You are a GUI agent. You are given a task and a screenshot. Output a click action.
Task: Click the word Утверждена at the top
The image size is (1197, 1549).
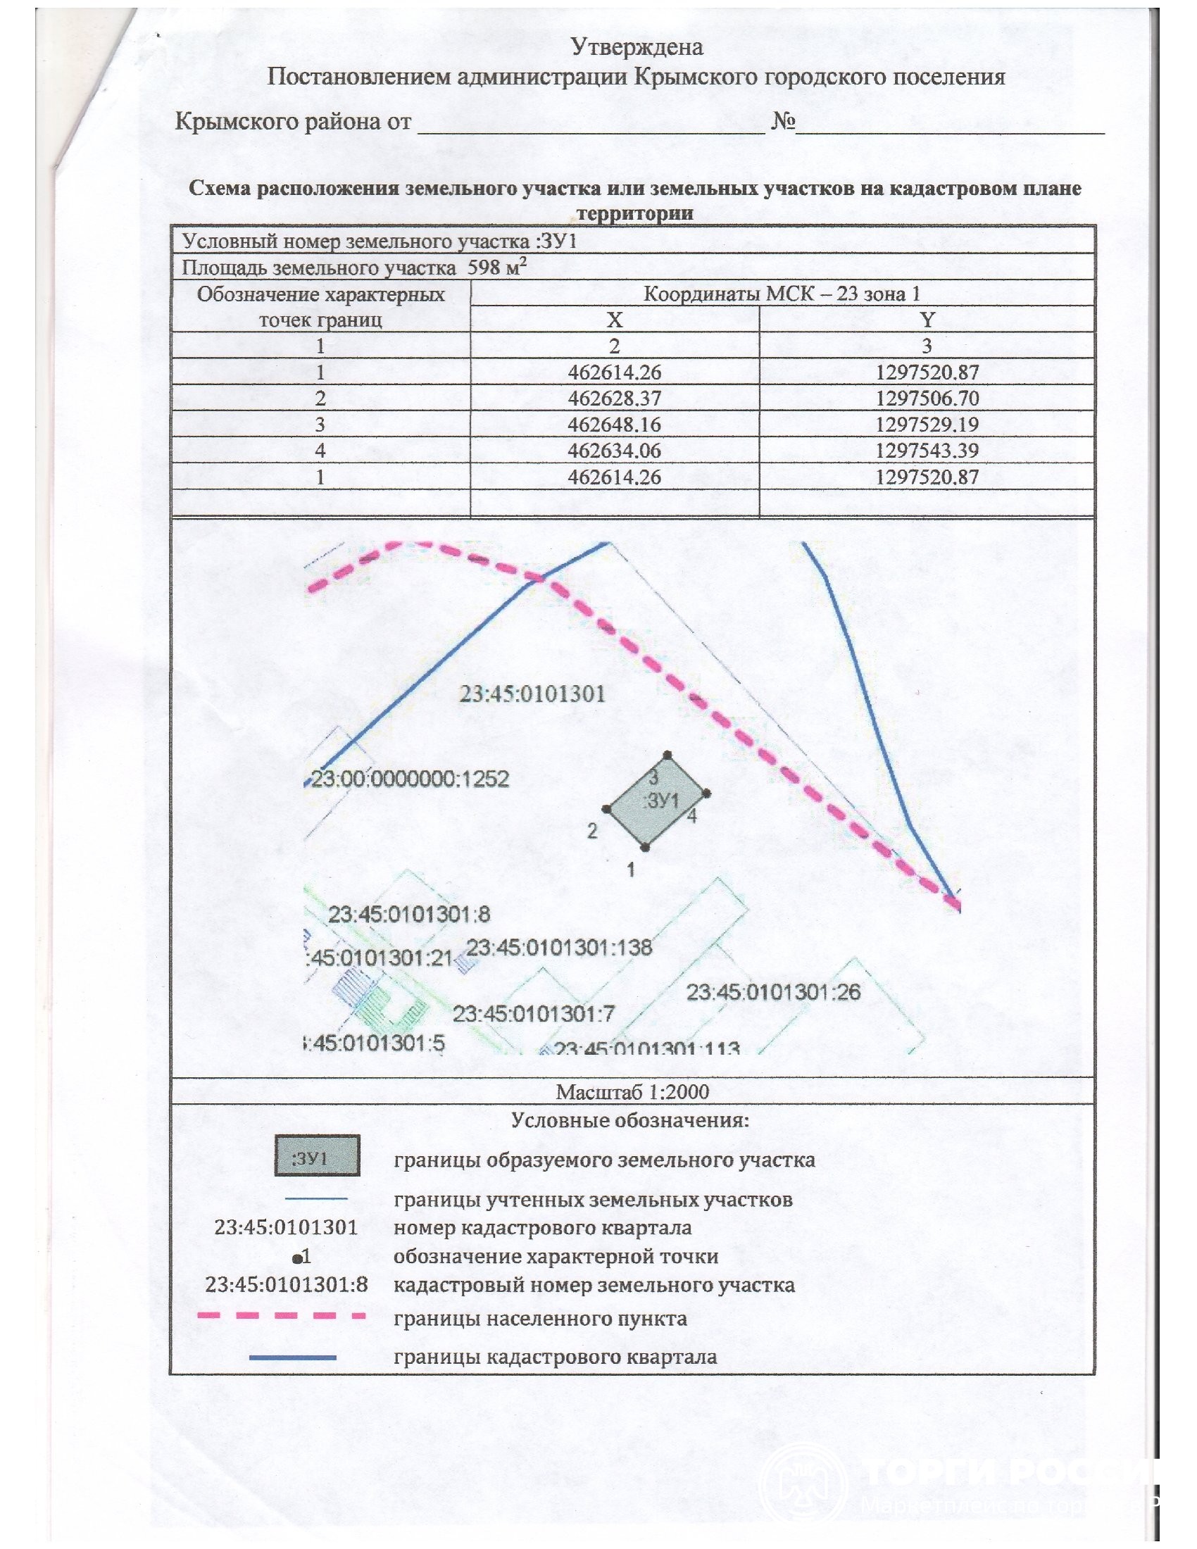(x=637, y=46)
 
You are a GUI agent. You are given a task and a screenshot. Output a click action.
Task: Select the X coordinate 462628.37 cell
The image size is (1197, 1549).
(x=614, y=399)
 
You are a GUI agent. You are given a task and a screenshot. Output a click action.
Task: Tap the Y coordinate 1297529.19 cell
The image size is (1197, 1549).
(x=927, y=425)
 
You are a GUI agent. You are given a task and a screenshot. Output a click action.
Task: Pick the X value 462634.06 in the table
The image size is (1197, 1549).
(x=614, y=451)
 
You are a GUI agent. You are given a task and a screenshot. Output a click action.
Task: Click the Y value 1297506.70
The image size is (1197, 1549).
(x=927, y=399)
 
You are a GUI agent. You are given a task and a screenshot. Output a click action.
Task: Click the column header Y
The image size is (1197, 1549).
(x=927, y=320)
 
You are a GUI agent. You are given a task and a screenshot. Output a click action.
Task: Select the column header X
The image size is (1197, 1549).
(x=614, y=320)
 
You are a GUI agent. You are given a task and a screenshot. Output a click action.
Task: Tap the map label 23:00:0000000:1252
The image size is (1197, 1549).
(x=410, y=779)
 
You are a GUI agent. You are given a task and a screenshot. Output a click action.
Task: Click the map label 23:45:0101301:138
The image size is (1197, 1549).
(x=560, y=948)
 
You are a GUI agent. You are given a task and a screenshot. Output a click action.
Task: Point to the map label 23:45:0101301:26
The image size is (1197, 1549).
(x=773, y=991)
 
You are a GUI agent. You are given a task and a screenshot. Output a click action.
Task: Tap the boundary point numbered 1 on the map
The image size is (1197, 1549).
(x=644, y=847)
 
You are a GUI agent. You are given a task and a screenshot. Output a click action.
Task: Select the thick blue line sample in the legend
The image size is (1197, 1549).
(x=292, y=1357)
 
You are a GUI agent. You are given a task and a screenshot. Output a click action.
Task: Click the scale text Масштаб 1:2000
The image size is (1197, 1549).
(x=632, y=1091)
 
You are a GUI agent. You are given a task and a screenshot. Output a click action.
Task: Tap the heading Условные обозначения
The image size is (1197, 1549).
(x=629, y=1121)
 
